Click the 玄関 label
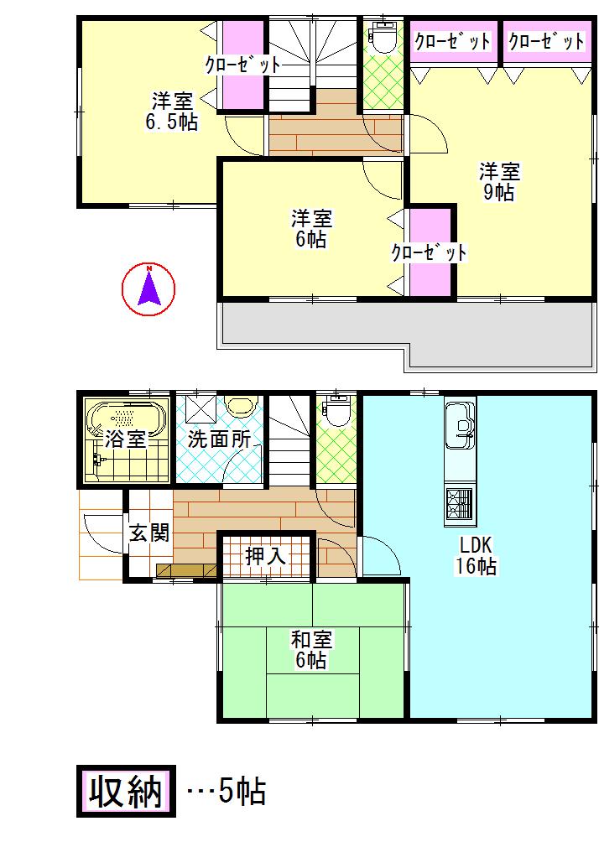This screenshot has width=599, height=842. [x=149, y=533]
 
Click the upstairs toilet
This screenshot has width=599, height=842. [x=384, y=39]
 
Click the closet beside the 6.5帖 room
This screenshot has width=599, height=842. [x=242, y=63]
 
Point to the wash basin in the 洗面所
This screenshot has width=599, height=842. [x=240, y=408]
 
